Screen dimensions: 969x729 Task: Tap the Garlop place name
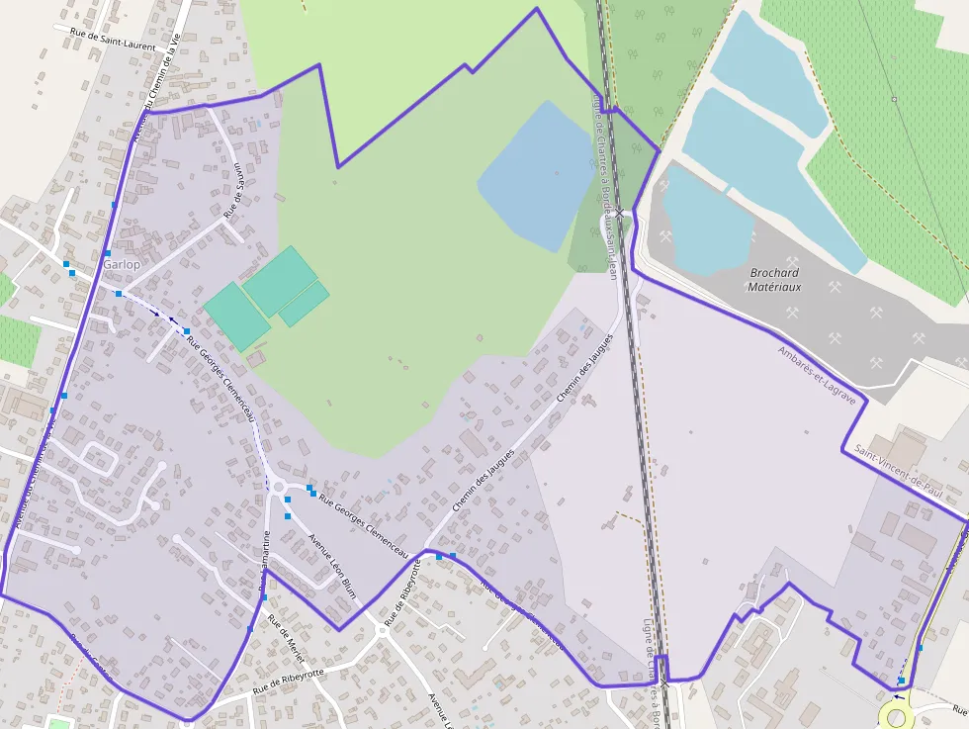(x=122, y=265)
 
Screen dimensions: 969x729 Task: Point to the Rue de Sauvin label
(x=233, y=190)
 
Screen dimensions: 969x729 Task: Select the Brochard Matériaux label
(x=775, y=280)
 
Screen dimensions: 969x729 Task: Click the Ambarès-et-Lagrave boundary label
(x=820, y=367)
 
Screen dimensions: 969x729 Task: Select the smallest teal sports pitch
(x=304, y=304)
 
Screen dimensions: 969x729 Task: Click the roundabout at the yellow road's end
(x=897, y=716)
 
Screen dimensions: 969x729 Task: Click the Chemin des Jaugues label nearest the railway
(x=584, y=367)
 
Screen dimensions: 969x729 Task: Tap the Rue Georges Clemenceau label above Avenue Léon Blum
(x=363, y=521)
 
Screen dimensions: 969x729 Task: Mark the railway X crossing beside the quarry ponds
(x=620, y=212)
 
